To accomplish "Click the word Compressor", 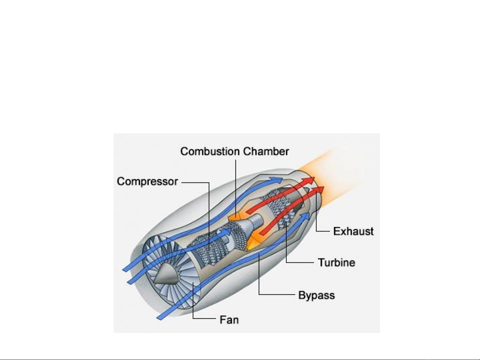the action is tap(147, 181).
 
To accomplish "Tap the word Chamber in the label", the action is tap(266, 152).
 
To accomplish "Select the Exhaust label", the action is tap(353, 231).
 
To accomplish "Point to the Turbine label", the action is tap(337, 262).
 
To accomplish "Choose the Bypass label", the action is tap(316, 295).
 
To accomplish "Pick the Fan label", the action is tap(229, 320).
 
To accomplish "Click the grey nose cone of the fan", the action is tap(166, 274).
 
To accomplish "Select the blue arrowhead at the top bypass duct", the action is tap(276, 180).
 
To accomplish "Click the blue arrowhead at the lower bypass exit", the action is tap(305, 216).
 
